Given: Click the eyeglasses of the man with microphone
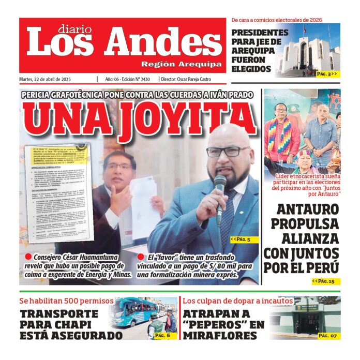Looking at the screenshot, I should [228, 152].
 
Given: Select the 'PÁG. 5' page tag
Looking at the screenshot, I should [241, 239].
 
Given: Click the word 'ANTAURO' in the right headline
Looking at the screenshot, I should [307, 210].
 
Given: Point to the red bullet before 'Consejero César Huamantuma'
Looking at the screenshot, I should [28, 257].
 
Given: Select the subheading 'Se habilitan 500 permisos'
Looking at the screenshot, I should [66, 301].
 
